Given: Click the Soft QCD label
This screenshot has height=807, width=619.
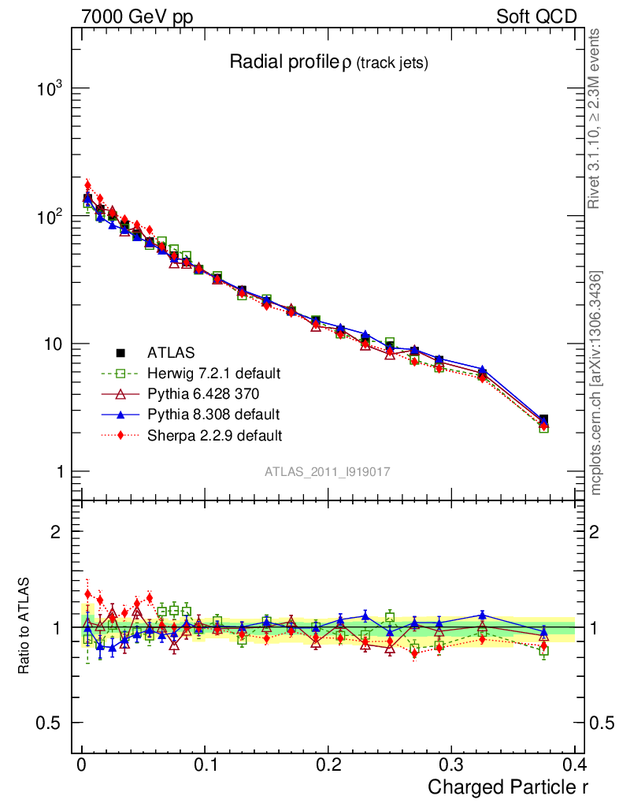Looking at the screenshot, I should (x=536, y=17).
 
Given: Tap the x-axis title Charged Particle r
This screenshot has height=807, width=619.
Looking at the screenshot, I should (x=508, y=787).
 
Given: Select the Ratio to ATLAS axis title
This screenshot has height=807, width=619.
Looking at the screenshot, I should (x=26, y=627).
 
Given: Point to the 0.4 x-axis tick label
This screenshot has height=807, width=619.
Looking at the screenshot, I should (x=574, y=764).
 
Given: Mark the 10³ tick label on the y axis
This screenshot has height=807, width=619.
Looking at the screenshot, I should (x=52, y=88).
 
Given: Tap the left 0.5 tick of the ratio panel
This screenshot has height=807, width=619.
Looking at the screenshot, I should (x=51, y=723).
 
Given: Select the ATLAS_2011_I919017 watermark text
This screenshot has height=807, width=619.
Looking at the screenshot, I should (x=328, y=471).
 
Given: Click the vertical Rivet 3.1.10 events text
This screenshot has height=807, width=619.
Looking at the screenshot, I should (x=595, y=119).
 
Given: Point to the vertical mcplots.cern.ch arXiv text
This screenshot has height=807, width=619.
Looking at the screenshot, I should (x=596, y=383).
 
